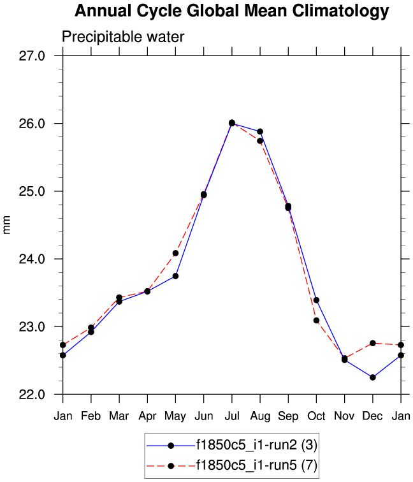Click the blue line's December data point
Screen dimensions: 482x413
pyautogui.click(x=373, y=377)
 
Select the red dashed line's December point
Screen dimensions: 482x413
pyautogui.click(x=373, y=343)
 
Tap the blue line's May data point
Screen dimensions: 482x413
pyautogui.click(x=175, y=276)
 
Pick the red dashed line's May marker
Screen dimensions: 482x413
pyautogui.click(x=175, y=253)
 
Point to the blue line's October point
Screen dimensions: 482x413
pyautogui.click(x=316, y=300)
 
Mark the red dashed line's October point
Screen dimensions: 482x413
pyautogui.click(x=316, y=320)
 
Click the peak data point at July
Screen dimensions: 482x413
pyautogui.click(x=232, y=122)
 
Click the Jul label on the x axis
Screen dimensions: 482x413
pyautogui.click(x=232, y=416)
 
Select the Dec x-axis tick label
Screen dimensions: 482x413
pyautogui.click(x=373, y=416)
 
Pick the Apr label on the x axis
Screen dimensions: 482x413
pyautogui.click(x=147, y=416)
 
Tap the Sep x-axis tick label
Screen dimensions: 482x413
pyautogui.click(x=288, y=416)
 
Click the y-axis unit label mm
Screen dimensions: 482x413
pyautogui.click(x=7, y=225)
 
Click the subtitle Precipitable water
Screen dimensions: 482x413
pyautogui.click(x=122, y=37)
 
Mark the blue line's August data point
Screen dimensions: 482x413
pyautogui.click(x=260, y=131)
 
